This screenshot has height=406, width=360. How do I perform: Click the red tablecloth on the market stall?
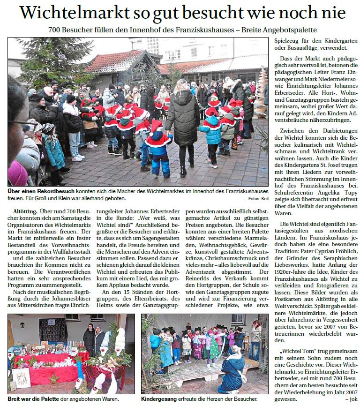[47, 370]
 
